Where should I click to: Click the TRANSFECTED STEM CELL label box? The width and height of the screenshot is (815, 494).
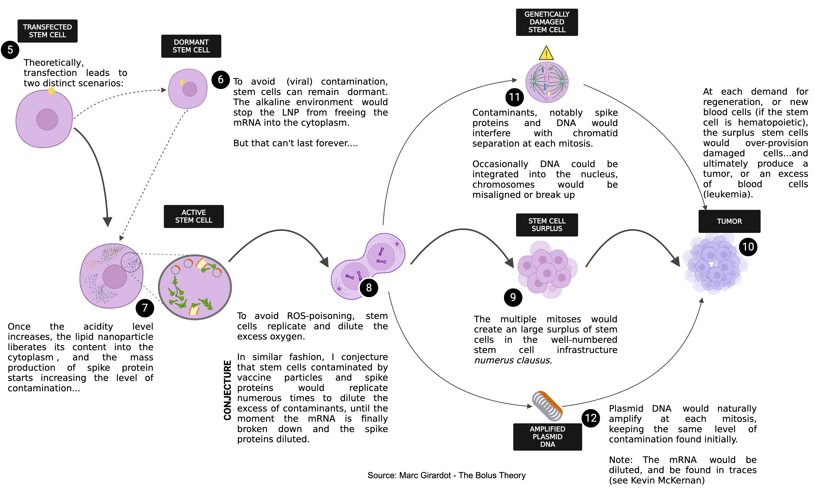click(47, 31)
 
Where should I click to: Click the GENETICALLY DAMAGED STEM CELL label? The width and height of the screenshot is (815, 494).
click(547, 22)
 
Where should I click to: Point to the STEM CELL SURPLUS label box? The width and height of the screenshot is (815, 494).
click(547, 225)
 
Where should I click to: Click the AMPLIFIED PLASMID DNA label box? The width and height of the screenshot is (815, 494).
click(547, 437)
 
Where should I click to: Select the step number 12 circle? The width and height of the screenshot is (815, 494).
click(591, 418)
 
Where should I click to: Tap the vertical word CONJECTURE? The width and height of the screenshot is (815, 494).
click(228, 390)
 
